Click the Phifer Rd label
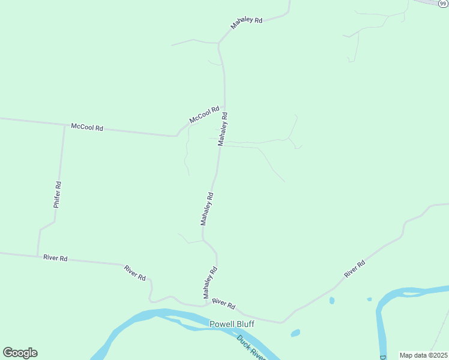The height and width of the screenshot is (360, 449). [x=57, y=195]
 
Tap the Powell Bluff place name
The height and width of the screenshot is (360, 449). [x=232, y=324]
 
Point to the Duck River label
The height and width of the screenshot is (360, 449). [x=251, y=347]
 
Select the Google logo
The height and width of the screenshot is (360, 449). [x=20, y=353]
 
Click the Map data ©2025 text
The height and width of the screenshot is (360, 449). [x=423, y=355]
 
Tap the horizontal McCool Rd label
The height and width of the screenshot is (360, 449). [x=87, y=127]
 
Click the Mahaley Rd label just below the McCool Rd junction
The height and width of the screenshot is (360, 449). [x=223, y=128]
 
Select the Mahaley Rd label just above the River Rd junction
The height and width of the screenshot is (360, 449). [x=209, y=283]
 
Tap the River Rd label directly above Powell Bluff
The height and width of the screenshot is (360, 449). [x=223, y=304]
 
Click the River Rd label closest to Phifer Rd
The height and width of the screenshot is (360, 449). [x=55, y=258]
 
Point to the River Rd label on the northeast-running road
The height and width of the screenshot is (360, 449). [x=354, y=269]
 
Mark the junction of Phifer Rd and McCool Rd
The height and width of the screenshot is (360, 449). [x=64, y=125]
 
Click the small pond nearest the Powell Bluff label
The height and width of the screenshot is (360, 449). [x=295, y=332]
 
